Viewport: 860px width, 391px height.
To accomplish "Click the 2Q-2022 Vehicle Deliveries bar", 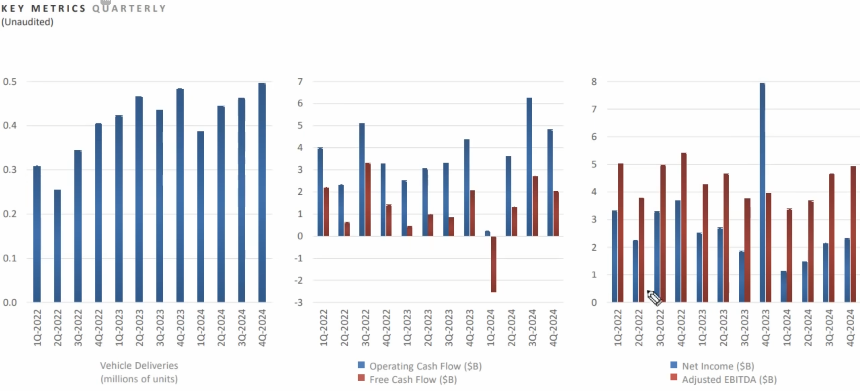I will (57, 246).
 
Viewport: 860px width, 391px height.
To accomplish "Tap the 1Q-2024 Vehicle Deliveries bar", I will (201, 216).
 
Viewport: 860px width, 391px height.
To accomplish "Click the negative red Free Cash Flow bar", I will (493, 264).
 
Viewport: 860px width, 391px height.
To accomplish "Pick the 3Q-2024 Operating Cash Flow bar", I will (529, 167).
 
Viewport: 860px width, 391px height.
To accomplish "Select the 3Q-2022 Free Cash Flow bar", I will (368, 199).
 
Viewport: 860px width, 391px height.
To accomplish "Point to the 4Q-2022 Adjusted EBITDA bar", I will (684, 227).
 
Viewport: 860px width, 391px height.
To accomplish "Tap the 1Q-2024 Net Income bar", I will (784, 286).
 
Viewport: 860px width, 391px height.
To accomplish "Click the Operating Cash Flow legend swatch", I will (361, 365).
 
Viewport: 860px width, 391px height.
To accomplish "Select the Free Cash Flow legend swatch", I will (361, 378).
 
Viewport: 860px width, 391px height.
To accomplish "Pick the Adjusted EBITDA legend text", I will (729, 379).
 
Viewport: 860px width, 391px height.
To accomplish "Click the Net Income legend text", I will (718, 366).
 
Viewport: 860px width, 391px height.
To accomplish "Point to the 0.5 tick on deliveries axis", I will (10, 82).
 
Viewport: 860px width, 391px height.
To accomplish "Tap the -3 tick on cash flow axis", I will (298, 302).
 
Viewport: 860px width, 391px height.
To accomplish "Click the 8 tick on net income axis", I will (594, 82).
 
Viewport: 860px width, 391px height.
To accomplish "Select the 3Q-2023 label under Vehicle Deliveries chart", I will (160, 328).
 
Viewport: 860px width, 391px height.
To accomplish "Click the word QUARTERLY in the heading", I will (129, 8).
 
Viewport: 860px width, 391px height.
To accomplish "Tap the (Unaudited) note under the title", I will (27, 22).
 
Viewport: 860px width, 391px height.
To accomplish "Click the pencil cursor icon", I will (654, 298).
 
